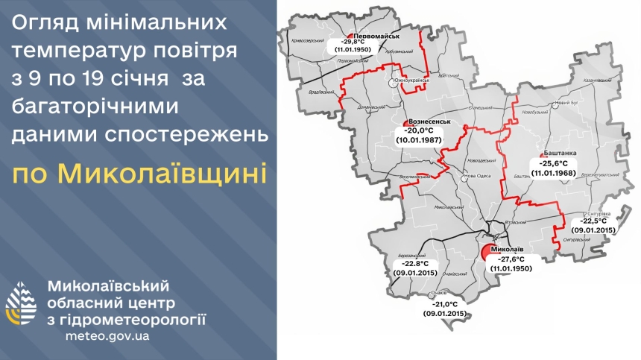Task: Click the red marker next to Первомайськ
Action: pyautogui.click(x=350, y=37)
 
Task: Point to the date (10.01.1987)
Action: pyautogui.click(x=420, y=139)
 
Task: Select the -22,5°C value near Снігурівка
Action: pyautogui.click(x=594, y=221)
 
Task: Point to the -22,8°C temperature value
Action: pyautogui.click(x=414, y=263)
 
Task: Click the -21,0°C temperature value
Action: pyautogui.click(x=445, y=304)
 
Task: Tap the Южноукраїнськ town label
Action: pyautogui.click(x=408, y=80)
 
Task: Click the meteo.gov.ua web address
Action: pyautogui.click(x=108, y=335)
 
